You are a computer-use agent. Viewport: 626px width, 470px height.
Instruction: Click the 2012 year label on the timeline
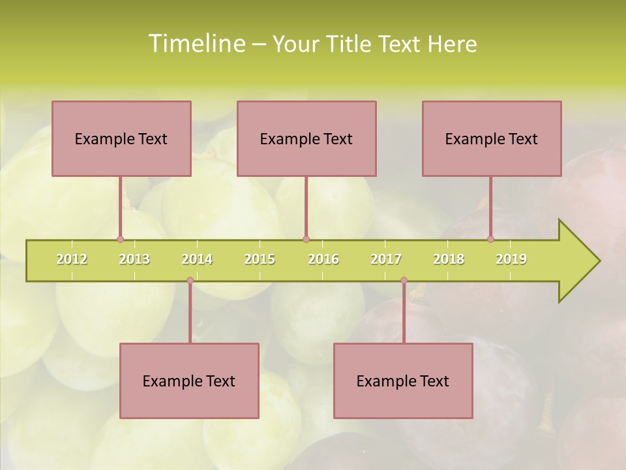(72, 259)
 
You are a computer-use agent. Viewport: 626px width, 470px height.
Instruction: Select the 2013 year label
(134, 259)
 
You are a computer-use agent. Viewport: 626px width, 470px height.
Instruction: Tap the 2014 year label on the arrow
(197, 259)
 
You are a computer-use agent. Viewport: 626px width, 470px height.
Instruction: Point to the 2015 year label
(260, 259)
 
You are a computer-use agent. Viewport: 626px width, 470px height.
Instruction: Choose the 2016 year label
(323, 259)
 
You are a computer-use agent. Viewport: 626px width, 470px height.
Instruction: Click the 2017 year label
(386, 259)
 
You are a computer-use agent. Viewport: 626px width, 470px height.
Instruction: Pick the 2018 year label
(449, 259)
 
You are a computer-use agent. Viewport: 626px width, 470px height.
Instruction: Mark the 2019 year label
(511, 259)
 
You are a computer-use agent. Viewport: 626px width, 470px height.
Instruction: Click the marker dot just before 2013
(120, 239)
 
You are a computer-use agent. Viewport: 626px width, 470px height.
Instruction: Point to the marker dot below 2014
(190, 281)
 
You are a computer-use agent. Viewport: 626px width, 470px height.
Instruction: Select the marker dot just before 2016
(306, 239)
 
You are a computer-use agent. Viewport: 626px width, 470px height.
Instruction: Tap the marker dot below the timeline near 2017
(404, 281)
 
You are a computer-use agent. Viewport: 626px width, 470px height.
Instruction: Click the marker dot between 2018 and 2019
(490, 239)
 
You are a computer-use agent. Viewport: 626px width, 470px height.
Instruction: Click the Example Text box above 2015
(306, 138)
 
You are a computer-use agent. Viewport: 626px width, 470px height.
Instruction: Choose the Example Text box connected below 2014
(189, 381)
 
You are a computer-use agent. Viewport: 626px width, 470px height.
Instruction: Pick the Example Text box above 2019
(492, 138)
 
